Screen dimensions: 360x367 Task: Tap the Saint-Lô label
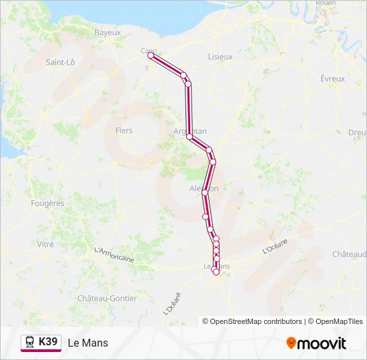pos(60,62)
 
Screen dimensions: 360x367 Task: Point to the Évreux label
pos(332,79)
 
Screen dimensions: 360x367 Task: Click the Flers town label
pos(123,131)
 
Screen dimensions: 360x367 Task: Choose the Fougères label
pos(47,203)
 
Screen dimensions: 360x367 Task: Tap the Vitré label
pos(45,245)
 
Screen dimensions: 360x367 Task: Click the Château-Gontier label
pos(107,298)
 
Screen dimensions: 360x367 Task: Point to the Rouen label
pos(325,3)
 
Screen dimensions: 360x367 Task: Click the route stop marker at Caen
pos(150,56)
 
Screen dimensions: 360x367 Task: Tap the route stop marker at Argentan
pos(190,137)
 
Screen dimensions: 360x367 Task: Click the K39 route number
pos(49,342)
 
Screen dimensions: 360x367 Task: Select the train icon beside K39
pos(30,342)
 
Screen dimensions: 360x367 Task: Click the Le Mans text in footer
pos(87,343)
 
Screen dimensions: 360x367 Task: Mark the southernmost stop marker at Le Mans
pos(216,271)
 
